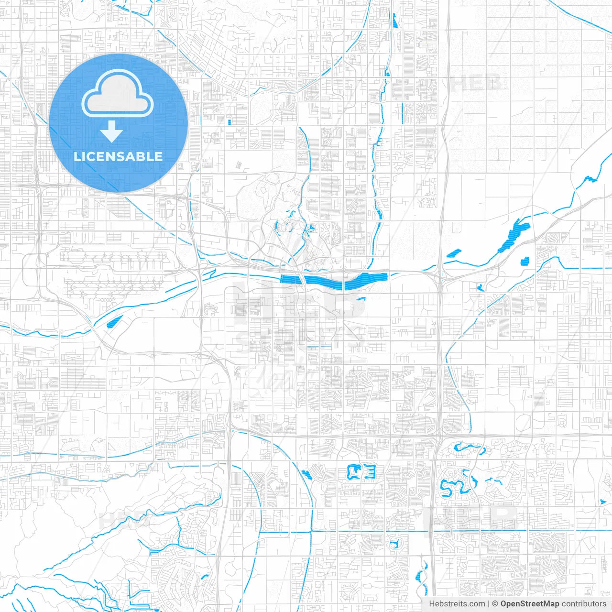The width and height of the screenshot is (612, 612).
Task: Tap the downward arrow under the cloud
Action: [x=112, y=131]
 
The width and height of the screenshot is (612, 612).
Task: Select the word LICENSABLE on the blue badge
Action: [x=118, y=156]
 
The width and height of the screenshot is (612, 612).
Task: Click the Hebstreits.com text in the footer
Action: [x=457, y=604]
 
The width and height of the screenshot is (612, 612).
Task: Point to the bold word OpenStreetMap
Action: [x=529, y=604]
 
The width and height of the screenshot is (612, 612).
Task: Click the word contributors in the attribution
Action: [x=583, y=604]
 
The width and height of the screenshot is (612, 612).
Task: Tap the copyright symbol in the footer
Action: [x=495, y=604]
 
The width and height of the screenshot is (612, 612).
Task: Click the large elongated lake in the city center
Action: [x=335, y=281]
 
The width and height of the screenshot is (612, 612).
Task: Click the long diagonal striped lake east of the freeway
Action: [x=514, y=235]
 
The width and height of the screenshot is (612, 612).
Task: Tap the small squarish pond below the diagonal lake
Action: [x=526, y=261]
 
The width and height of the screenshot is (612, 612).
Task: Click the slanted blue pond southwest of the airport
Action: [x=113, y=323]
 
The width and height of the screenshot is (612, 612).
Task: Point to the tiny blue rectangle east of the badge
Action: [x=230, y=121]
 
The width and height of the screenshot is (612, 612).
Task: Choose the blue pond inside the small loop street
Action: [x=394, y=544]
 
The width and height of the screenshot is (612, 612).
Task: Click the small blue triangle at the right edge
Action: [x=602, y=502]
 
